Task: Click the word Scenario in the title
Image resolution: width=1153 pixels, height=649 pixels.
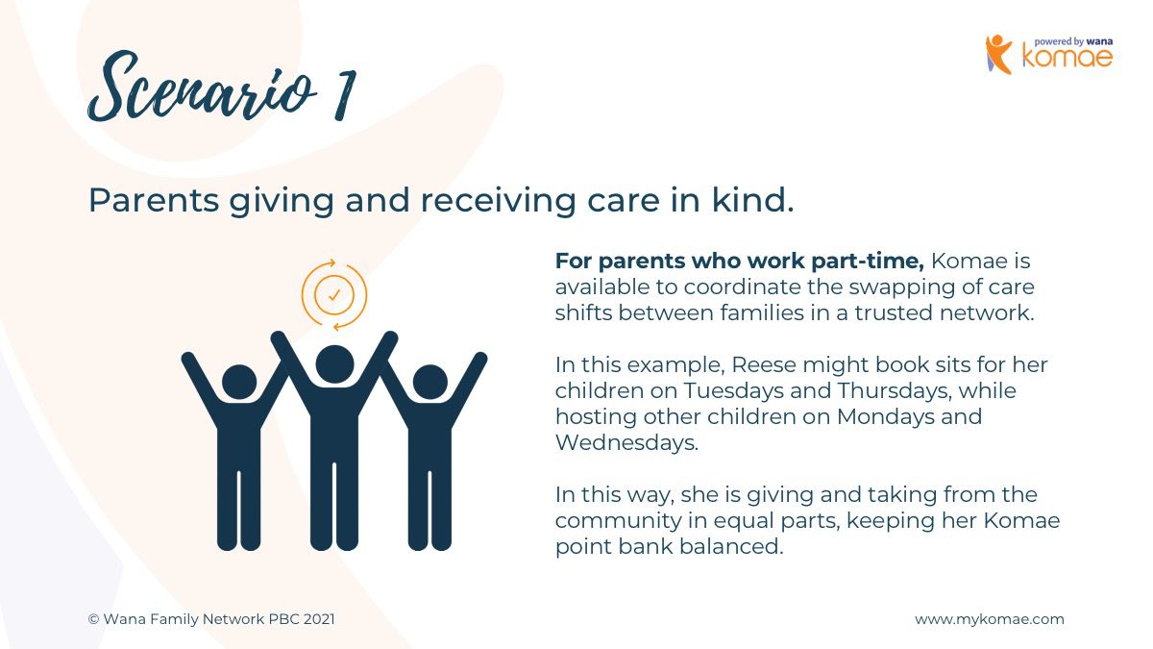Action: click(x=202, y=87)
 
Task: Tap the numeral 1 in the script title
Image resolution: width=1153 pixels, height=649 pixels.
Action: click(x=344, y=95)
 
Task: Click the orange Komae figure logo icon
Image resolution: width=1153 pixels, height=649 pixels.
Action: click(x=998, y=54)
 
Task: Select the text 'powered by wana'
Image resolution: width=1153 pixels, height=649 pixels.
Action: click(x=1073, y=41)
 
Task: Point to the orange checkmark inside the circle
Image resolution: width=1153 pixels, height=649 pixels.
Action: click(x=334, y=295)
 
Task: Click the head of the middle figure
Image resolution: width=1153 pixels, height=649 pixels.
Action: click(x=334, y=364)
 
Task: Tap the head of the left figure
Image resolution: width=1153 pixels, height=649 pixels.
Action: click(x=239, y=383)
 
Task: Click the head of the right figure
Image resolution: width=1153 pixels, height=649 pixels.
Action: click(x=429, y=383)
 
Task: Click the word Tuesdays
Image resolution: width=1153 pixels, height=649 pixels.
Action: click(x=733, y=390)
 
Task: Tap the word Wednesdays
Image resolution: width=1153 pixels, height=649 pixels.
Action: click(x=626, y=442)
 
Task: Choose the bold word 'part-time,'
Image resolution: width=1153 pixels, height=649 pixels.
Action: click(x=868, y=262)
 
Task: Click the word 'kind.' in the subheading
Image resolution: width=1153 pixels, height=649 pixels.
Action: click(x=753, y=200)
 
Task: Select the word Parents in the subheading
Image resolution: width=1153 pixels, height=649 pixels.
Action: click(x=154, y=200)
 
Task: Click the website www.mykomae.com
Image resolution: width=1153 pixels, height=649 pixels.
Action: click(x=990, y=619)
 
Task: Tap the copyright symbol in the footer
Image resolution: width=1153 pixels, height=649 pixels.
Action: click(x=93, y=619)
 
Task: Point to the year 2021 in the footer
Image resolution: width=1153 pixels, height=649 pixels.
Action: click(x=319, y=619)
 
